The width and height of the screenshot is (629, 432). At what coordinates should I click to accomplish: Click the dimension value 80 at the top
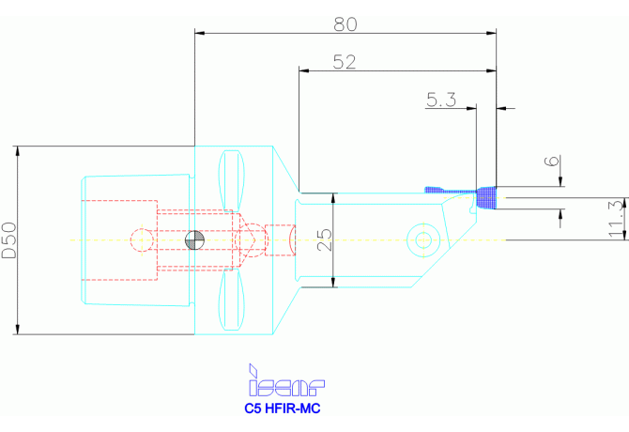pos(345,20)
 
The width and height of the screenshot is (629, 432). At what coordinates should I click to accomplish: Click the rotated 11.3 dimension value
pos(615,218)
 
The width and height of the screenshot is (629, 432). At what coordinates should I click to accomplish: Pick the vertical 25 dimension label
pos(324,240)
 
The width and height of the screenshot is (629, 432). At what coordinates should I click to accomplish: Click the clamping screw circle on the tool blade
pos(423,240)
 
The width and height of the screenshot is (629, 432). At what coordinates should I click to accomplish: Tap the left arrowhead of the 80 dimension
pos(200,33)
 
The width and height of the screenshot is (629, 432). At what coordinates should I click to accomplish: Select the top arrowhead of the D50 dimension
pos(17,151)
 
